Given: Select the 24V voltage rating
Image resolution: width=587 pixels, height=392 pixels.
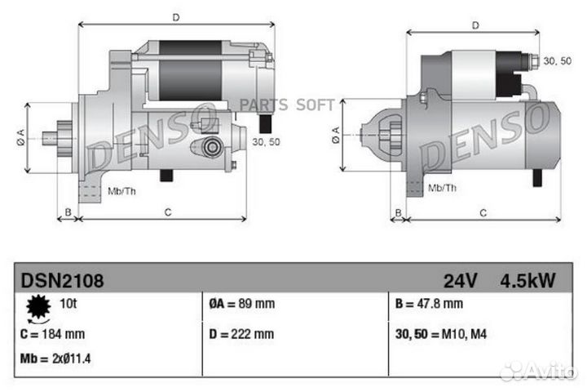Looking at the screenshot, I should (461, 281).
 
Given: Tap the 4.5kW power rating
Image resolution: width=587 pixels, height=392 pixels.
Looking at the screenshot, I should (527, 281).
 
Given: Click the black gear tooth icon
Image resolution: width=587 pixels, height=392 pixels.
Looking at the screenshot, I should (38, 308).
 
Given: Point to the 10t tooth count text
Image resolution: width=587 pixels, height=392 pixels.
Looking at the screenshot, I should (70, 305).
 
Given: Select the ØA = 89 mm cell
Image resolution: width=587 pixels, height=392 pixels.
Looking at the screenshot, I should (241, 305).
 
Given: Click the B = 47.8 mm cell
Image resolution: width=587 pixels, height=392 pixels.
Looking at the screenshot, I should (429, 305).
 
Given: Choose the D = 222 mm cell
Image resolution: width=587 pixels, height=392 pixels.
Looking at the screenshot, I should (241, 334).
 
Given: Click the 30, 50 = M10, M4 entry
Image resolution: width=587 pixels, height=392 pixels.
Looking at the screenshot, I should (445, 334).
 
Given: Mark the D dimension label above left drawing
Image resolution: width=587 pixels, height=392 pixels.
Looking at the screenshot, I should (176, 17).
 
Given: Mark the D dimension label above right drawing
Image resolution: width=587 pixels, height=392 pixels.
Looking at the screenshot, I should (475, 25).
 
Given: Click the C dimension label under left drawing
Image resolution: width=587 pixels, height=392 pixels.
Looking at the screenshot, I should (167, 212).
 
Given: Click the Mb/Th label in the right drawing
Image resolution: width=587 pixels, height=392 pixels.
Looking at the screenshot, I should (443, 188).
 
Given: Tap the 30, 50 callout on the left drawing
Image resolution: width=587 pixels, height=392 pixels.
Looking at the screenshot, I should (266, 141).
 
